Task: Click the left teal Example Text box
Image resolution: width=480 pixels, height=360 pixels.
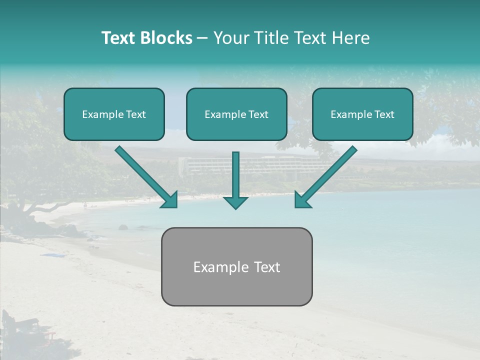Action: pos(114,114)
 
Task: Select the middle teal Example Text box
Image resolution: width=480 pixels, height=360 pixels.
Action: pos(236,114)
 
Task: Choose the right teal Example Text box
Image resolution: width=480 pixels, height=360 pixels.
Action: pos(362,114)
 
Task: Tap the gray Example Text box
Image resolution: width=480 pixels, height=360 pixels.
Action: pos(236,267)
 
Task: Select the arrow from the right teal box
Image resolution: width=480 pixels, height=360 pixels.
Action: pos(327,175)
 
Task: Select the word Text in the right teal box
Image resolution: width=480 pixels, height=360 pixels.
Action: pos(384,114)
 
